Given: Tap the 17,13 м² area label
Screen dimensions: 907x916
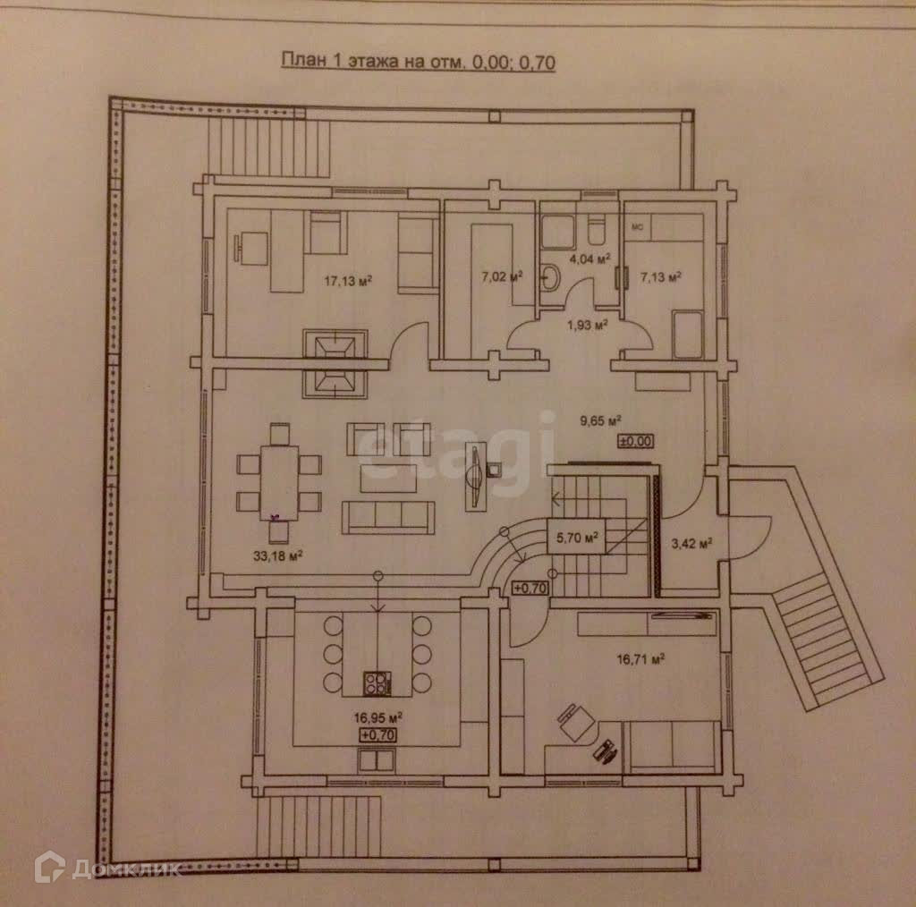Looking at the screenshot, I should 348,281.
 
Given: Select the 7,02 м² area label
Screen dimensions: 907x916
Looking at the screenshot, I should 501,276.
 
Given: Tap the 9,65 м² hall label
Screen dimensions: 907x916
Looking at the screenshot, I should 601,420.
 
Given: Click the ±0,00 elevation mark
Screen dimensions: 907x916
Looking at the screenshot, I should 636,440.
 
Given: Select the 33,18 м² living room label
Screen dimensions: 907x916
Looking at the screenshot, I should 277,555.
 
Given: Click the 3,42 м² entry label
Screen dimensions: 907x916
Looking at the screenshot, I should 691,543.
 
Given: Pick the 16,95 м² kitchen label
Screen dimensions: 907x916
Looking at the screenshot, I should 377,717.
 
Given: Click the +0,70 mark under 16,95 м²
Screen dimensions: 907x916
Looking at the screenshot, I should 377,734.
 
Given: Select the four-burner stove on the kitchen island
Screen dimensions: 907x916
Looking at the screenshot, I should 377,685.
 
